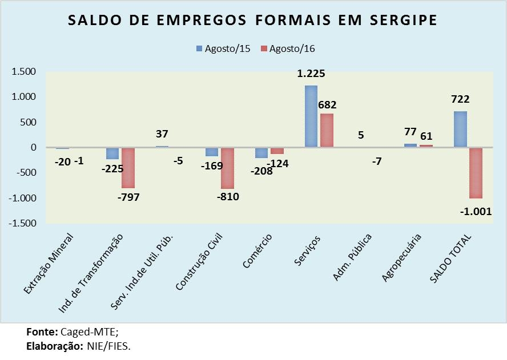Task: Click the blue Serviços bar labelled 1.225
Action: (x=311, y=116)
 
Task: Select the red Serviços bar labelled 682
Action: (x=327, y=130)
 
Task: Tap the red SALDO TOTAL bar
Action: (x=475, y=173)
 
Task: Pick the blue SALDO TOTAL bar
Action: (x=460, y=129)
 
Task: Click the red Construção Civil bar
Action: (x=228, y=168)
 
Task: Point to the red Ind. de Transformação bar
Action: (x=127, y=168)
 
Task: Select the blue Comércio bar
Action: (x=261, y=152)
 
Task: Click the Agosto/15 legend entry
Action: (x=224, y=48)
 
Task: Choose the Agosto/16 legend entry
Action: (x=288, y=48)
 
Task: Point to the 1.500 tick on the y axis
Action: (x=23, y=72)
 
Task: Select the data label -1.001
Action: (x=476, y=212)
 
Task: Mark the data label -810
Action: (x=228, y=197)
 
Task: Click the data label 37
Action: (x=162, y=134)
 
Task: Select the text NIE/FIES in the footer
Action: (x=108, y=346)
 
